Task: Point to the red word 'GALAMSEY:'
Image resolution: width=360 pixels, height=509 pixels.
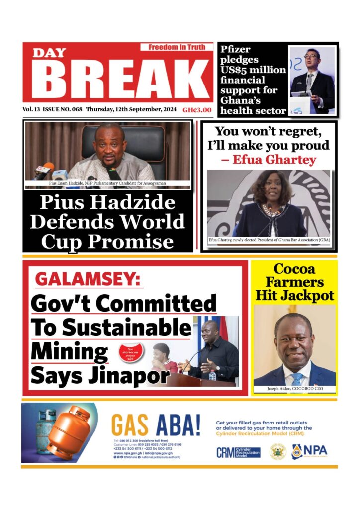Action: tap(87, 280)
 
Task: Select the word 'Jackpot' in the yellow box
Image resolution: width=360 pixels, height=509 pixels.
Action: tap(294, 295)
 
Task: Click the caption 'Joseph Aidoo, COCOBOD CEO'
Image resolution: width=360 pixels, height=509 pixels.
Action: tap(294, 388)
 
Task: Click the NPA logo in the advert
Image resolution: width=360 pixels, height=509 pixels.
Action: tap(309, 451)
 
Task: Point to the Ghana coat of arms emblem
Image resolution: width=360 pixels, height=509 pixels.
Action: tap(277, 451)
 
